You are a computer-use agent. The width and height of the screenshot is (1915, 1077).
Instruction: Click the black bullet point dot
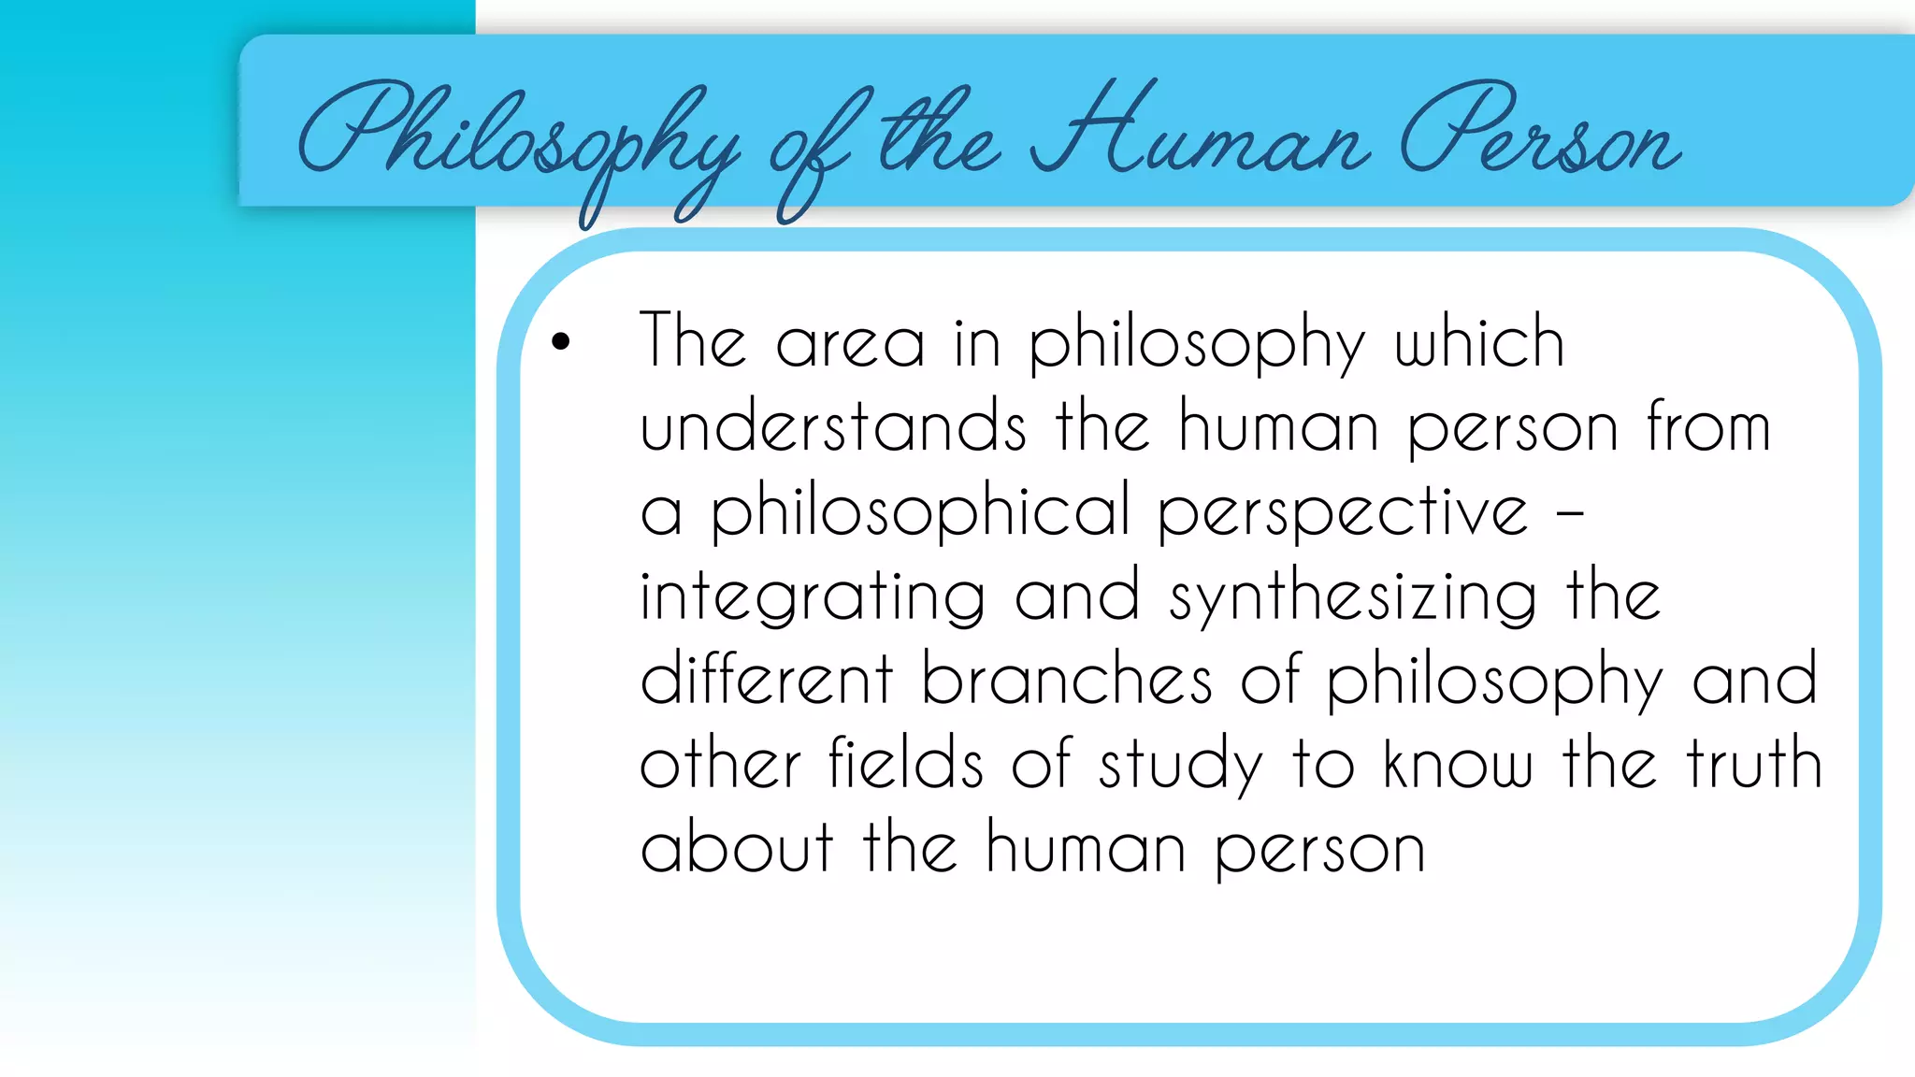(x=560, y=342)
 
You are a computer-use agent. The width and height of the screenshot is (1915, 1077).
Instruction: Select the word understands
(x=832, y=426)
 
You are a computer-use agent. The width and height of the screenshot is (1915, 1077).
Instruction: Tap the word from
(x=1708, y=426)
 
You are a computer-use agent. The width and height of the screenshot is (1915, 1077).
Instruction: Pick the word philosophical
(x=920, y=511)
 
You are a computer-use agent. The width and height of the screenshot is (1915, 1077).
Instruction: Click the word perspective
(x=1343, y=511)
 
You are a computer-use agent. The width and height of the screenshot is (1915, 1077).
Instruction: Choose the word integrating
(x=812, y=596)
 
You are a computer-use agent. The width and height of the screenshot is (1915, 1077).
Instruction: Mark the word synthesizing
(x=1352, y=596)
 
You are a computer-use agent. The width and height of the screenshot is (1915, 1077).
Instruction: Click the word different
(x=767, y=679)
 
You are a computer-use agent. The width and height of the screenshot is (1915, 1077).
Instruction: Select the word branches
(x=1067, y=679)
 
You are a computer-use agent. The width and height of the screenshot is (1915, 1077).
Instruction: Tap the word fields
(x=905, y=763)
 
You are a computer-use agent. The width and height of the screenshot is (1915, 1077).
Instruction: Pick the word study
(x=1180, y=765)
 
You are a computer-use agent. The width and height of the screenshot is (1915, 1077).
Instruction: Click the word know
(x=1458, y=763)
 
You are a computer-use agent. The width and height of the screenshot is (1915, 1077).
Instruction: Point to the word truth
(x=1754, y=763)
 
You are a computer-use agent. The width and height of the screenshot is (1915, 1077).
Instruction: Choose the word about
(x=737, y=847)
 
